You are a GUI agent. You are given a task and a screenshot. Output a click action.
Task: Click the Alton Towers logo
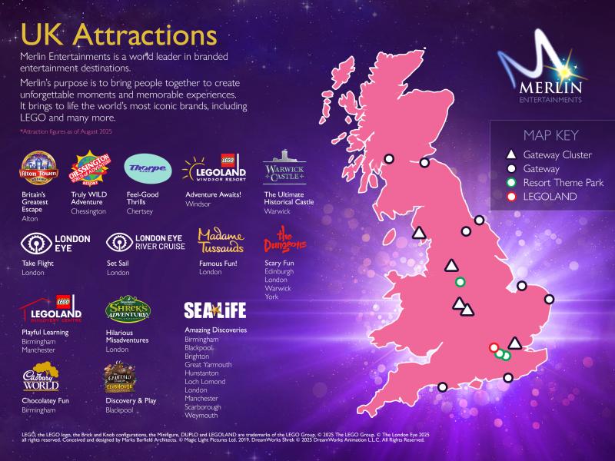pos(38,169)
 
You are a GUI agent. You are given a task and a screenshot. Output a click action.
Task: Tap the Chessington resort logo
pos(88,170)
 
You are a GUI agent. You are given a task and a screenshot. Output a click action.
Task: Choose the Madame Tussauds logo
pos(221,240)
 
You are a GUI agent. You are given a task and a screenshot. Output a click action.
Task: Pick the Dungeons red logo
pos(284,241)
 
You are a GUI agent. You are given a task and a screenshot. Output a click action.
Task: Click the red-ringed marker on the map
pos(494,347)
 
